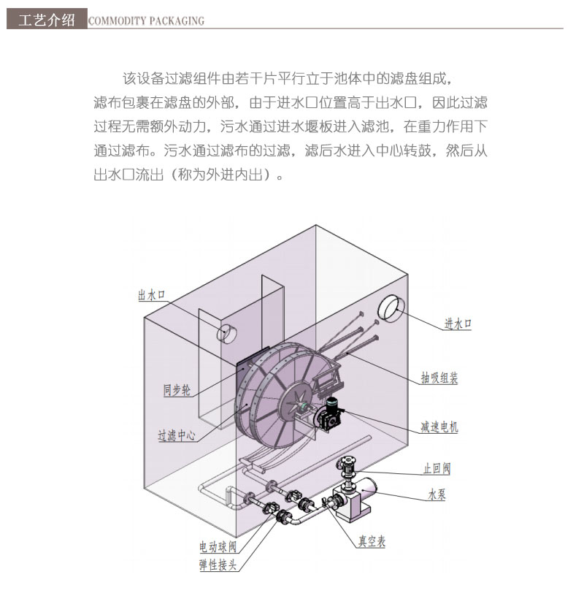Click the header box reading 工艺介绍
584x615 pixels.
pos(46,20)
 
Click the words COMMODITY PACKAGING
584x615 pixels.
pos(146,21)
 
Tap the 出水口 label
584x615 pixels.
pos(152,295)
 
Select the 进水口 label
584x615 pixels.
pos(458,324)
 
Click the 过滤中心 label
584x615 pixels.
pos(177,436)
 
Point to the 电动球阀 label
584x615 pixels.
pos(218,546)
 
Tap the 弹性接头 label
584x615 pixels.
pos(218,565)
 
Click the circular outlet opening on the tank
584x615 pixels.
pos(226,333)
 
